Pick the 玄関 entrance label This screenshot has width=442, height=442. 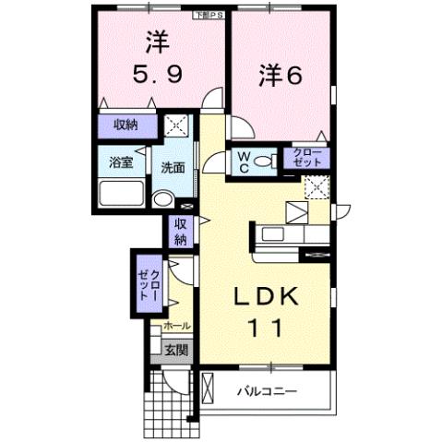[x=176, y=350]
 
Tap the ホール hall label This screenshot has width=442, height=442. [x=176, y=326]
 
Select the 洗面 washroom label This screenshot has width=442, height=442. [x=173, y=168]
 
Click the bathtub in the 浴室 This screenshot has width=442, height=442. [x=121, y=195]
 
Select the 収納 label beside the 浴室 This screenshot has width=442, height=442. [x=127, y=125]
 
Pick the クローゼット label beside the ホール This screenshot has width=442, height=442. [x=150, y=281]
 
